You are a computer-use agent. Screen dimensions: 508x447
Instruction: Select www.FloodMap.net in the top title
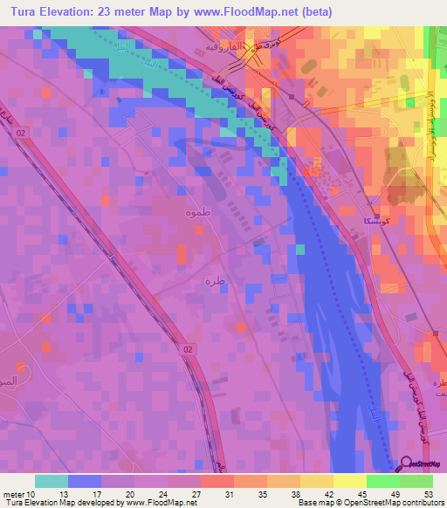(271, 12)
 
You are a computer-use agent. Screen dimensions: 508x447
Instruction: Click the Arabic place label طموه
(196, 212)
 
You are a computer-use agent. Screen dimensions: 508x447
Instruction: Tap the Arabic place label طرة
(209, 281)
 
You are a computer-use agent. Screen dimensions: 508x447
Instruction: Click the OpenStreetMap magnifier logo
(408, 465)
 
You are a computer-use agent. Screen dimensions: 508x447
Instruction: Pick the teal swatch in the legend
(52, 481)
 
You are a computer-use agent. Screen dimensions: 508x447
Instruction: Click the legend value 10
(33, 494)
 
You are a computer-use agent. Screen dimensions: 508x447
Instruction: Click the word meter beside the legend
(14, 494)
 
